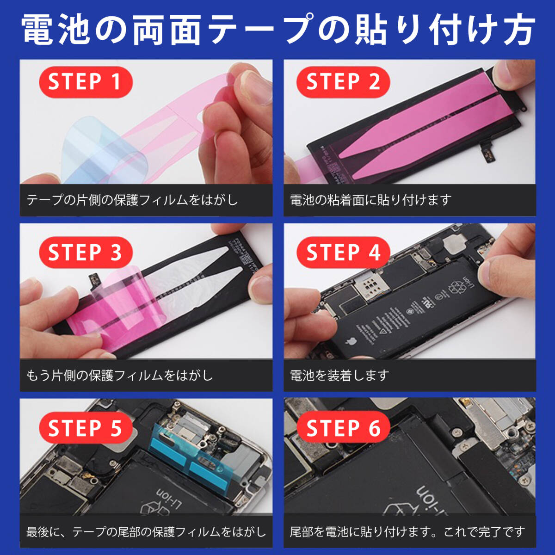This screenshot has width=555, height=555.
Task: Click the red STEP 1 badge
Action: [x=85, y=82]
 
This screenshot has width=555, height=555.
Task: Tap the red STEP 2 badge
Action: [x=343, y=82]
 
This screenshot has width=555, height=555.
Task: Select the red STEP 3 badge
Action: [x=85, y=253]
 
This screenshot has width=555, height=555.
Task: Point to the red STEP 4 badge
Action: [x=343, y=253]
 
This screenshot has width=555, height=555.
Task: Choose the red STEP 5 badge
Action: [x=85, y=428]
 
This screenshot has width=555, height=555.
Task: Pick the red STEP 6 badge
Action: [x=343, y=428]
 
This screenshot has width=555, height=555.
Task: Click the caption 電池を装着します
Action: [x=339, y=375]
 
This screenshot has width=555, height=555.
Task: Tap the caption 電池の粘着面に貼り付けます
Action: [x=370, y=200]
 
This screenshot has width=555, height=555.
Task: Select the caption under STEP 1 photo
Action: [x=132, y=200]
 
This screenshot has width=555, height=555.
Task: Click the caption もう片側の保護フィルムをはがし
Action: [x=120, y=375]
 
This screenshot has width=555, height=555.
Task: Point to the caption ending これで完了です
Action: [x=407, y=532]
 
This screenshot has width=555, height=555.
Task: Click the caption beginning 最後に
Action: [x=146, y=532]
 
